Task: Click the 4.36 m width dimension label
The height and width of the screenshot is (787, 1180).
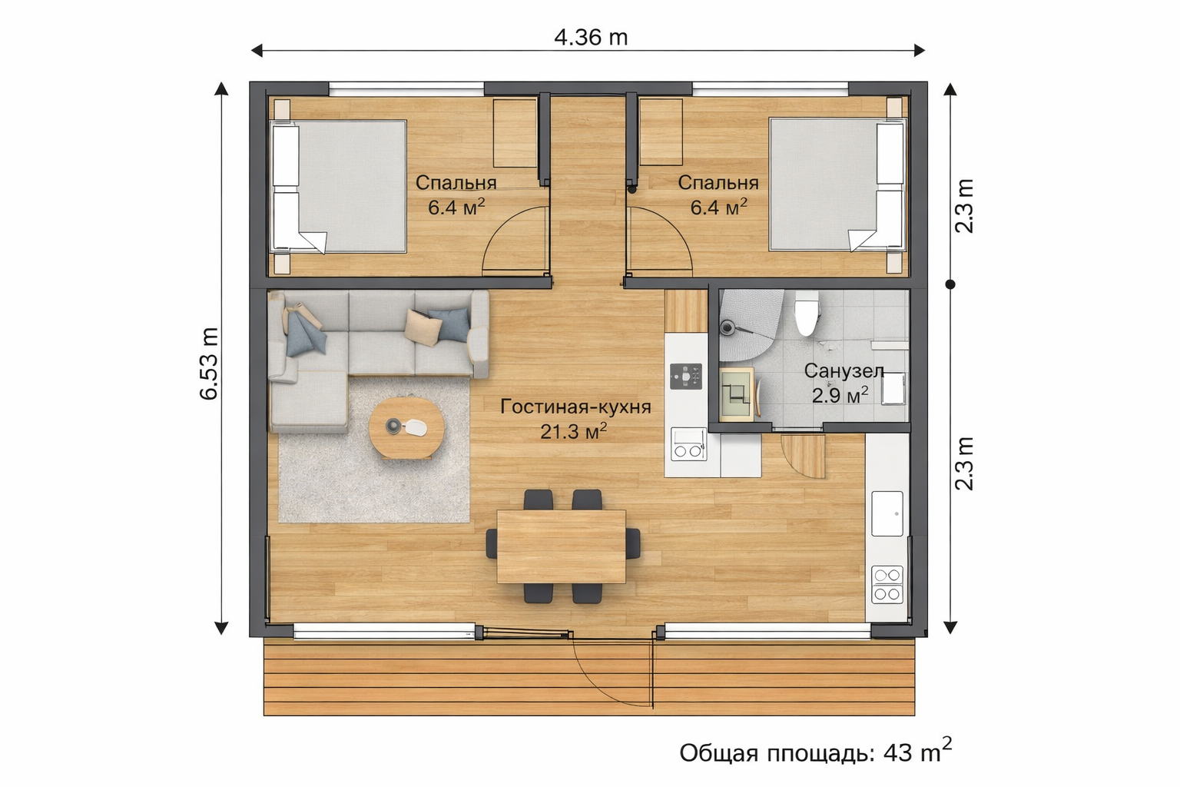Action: pos(591,38)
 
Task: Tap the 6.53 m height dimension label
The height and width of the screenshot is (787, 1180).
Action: pos(209,364)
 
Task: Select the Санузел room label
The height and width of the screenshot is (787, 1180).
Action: pos(844,371)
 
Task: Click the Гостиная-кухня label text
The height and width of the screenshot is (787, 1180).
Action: pos(575,407)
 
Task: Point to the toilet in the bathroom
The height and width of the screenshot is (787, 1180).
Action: pos(806,313)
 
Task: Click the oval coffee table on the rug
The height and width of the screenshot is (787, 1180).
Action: pos(406,427)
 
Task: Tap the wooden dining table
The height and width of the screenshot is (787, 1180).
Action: pos(561,546)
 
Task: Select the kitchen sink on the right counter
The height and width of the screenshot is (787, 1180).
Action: pos(887,513)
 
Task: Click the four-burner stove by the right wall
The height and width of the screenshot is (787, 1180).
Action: pos(887,585)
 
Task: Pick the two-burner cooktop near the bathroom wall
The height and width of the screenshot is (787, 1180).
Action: pos(688,444)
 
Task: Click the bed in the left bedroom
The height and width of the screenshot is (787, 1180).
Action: pos(338,187)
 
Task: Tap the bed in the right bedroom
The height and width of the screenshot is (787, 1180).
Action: pos(837,184)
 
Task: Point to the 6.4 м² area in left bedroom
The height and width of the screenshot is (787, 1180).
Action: pos(456,208)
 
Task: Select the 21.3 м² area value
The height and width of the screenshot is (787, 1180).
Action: pos(574,432)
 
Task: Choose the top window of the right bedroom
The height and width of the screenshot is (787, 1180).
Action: pos(771,88)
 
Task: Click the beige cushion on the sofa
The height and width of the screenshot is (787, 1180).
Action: pos(423,327)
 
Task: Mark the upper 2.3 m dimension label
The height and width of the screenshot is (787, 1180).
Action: pos(964,206)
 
